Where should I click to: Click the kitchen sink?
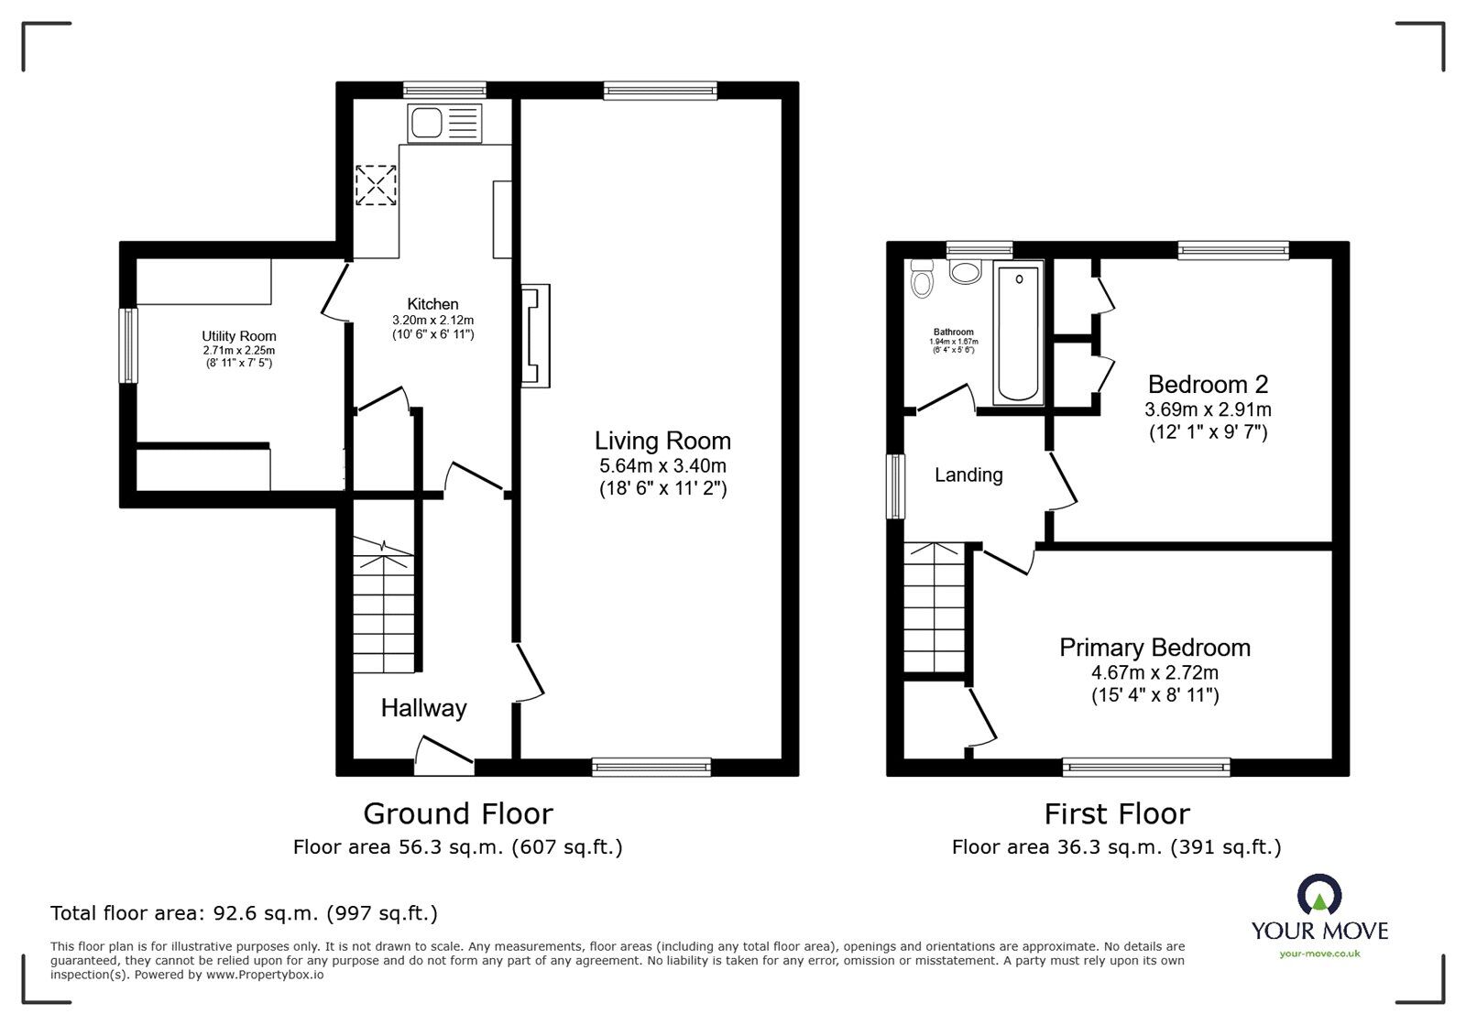pos(444,123)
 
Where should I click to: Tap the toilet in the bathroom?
pos(922,278)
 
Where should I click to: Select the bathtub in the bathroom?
pos(1018,333)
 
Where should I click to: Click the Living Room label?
pos(662,441)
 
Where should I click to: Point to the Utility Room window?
pos(128,345)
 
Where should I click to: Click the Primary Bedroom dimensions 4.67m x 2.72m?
pos(1154,672)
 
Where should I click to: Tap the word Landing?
pos(968,474)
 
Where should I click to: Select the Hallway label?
pos(424,708)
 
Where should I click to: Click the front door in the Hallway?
pos(444,758)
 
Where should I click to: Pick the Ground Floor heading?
pos(458,813)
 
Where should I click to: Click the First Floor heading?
pos(1117,813)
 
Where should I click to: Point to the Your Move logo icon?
pos(1319,894)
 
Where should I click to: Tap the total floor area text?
pos(244,913)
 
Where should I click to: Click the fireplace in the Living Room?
pos(535,336)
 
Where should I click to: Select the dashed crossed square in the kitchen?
pos(376,185)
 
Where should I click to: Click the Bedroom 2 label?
pos(1209,384)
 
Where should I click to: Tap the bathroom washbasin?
pos(966,271)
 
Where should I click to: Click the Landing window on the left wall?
pos(895,486)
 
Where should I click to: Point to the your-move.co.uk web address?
pos(1319,954)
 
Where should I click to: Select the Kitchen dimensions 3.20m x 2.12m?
pos(432,321)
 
